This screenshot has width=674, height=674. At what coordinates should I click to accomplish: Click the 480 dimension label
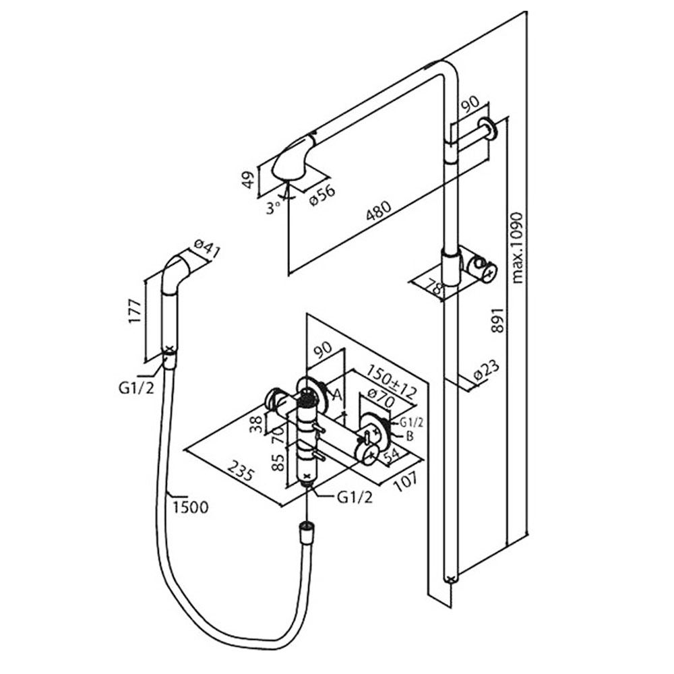tap(379, 212)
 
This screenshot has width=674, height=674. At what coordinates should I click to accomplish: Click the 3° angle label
tap(274, 208)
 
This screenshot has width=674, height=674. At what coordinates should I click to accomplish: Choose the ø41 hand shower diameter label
tap(206, 251)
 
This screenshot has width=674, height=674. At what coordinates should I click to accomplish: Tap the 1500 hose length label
tap(191, 508)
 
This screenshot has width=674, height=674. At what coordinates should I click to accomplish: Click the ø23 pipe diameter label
tap(487, 371)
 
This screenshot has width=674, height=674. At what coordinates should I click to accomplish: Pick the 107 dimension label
tap(404, 479)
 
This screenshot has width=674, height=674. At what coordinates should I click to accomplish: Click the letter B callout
tap(409, 436)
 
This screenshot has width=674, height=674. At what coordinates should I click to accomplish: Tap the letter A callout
tap(337, 394)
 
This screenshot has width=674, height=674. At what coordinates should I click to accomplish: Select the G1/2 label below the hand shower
tap(136, 388)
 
